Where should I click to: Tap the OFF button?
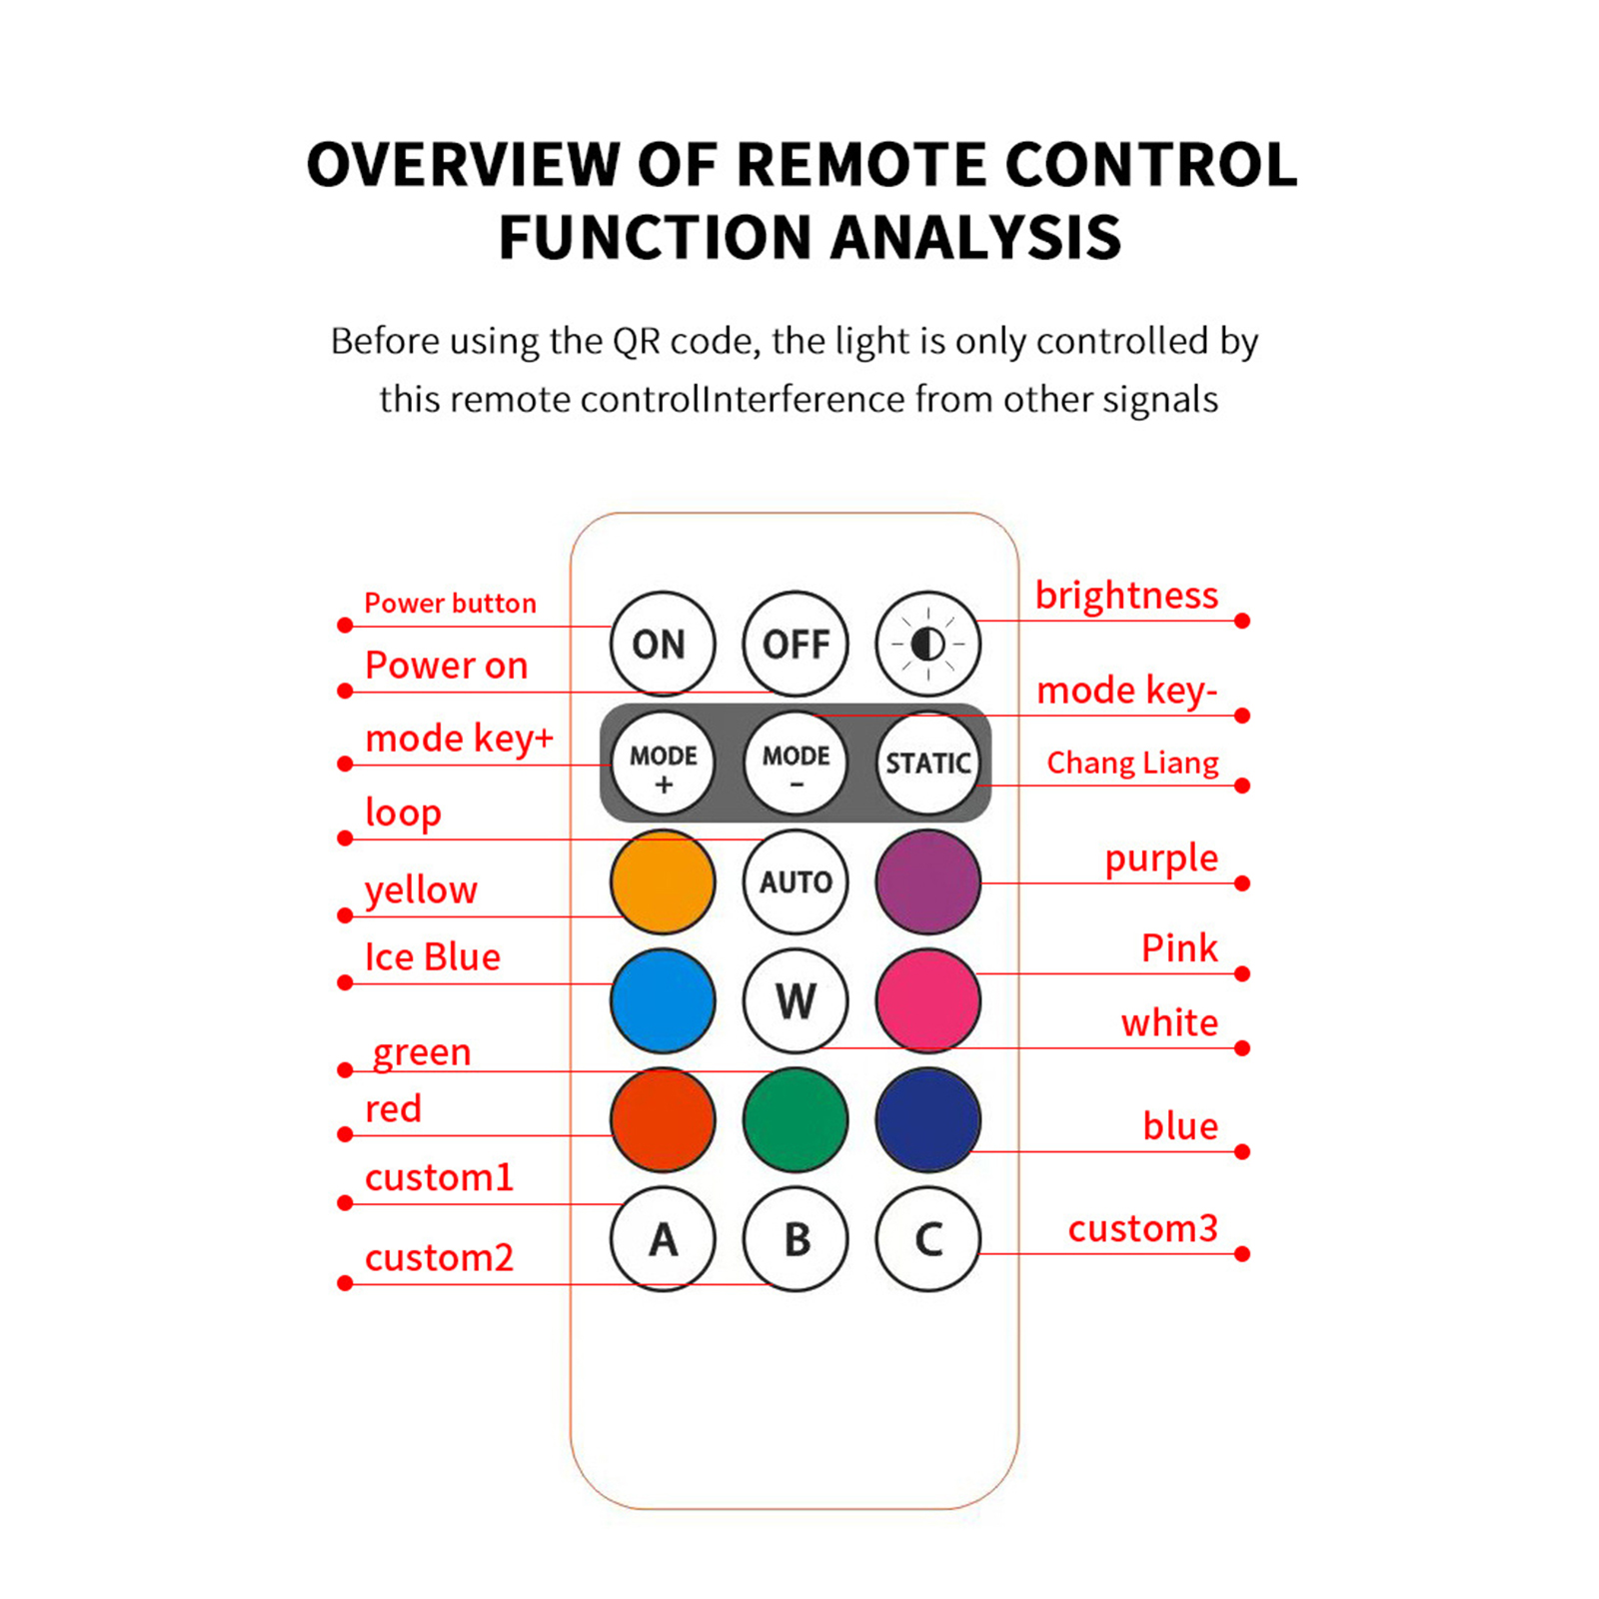[x=795, y=644]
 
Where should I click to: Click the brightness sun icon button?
[x=927, y=644]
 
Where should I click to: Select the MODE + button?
[x=663, y=764]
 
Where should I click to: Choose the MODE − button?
[x=796, y=764]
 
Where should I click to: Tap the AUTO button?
[x=796, y=881]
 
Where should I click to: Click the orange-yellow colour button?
[x=663, y=881]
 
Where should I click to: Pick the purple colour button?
[x=927, y=881]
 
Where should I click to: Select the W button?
[x=796, y=1000]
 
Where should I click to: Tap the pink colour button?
[x=927, y=1000]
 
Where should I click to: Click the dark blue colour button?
[x=927, y=1119]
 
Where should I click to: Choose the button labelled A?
[x=663, y=1239]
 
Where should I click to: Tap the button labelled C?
[x=927, y=1239]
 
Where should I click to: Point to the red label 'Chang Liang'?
[x=1132, y=764]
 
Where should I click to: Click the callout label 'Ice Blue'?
[x=432, y=957]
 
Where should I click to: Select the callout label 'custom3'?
[x=1142, y=1228]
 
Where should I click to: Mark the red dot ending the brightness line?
[x=1242, y=621]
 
